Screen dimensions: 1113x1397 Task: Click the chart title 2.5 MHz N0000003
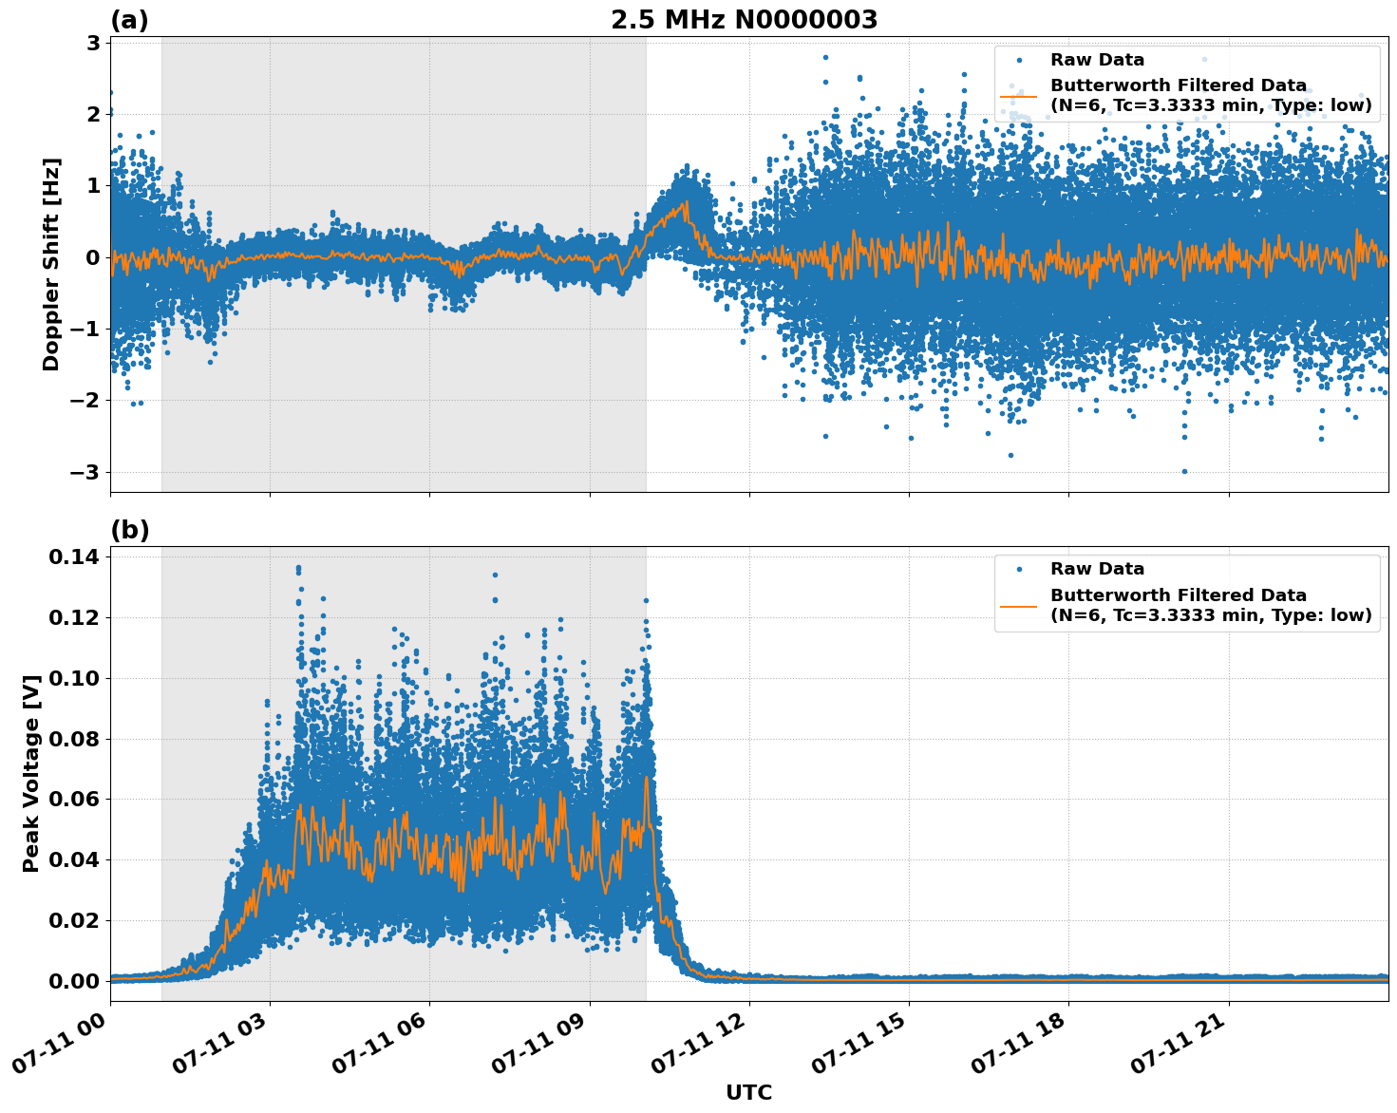[x=744, y=20]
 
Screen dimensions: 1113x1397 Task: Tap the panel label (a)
[x=129, y=20]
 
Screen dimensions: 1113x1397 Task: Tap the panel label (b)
[x=129, y=530]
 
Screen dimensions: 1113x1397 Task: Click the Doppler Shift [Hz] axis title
[x=51, y=264]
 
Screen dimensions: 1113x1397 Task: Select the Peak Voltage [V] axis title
[x=31, y=773]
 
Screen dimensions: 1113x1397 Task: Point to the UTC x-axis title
[x=748, y=1092]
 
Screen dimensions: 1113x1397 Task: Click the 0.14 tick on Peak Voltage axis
[x=73, y=556]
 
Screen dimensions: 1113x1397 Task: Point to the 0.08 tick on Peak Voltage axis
[x=73, y=739]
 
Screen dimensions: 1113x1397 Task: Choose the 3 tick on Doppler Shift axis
[x=93, y=43]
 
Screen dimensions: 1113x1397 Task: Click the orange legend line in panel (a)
[x=1019, y=96]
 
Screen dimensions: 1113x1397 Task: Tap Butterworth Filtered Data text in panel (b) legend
[x=1178, y=595]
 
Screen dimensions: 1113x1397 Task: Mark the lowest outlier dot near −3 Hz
[x=1183, y=471]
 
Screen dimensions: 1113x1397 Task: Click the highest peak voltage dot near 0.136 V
[x=298, y=568]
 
